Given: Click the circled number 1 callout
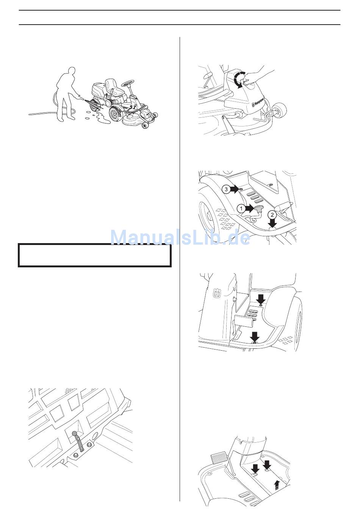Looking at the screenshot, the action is [241, 209].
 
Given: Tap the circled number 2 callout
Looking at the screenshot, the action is [272, 215].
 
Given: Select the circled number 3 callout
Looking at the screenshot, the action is [226, 189].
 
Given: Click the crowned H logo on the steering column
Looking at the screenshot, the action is [216, 294].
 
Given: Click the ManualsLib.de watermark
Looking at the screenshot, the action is [180, 237].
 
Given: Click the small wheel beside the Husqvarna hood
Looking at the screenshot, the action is [282, 110].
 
